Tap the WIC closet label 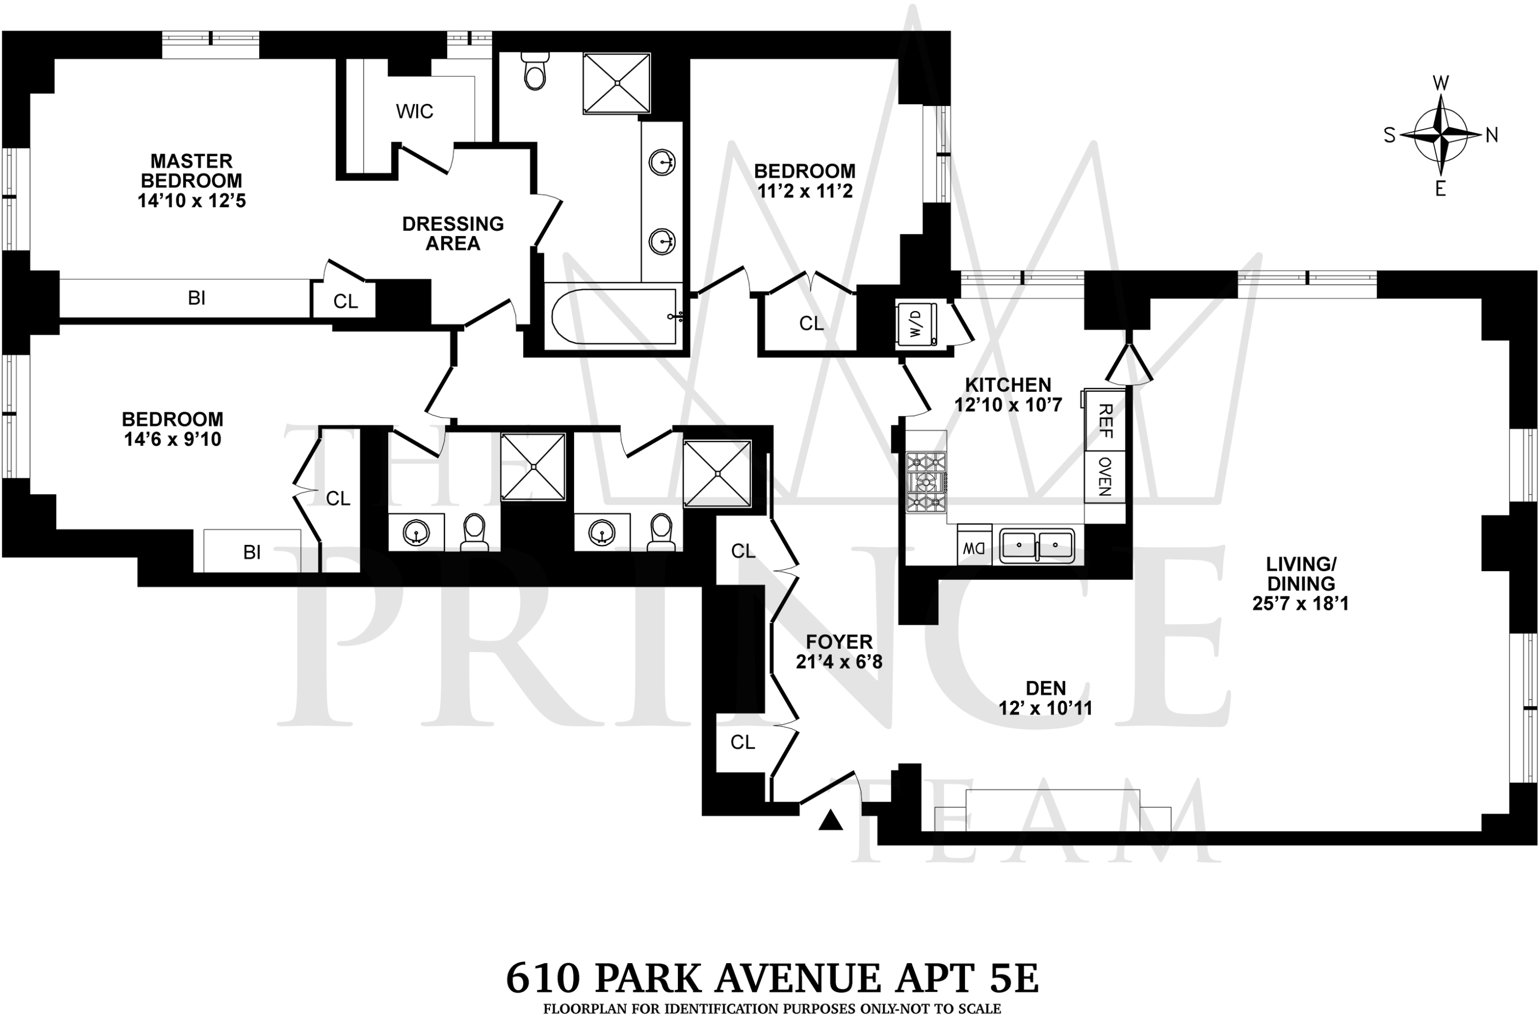tap(414, 112)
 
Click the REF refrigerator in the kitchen tap(1106, 421)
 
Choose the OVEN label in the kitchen tap(1105, 477)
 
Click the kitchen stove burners tap(926, 482)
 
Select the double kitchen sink tap(1037, 545)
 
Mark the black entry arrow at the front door tap(831, 821)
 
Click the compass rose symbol tap(1441, 136)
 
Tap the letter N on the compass tap(1492, 136)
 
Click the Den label tap(1046, 688)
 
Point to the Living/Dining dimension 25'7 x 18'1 tap(1300, 603)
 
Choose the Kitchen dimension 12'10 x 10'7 tap(1008, 405)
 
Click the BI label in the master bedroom tap(197, 298)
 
